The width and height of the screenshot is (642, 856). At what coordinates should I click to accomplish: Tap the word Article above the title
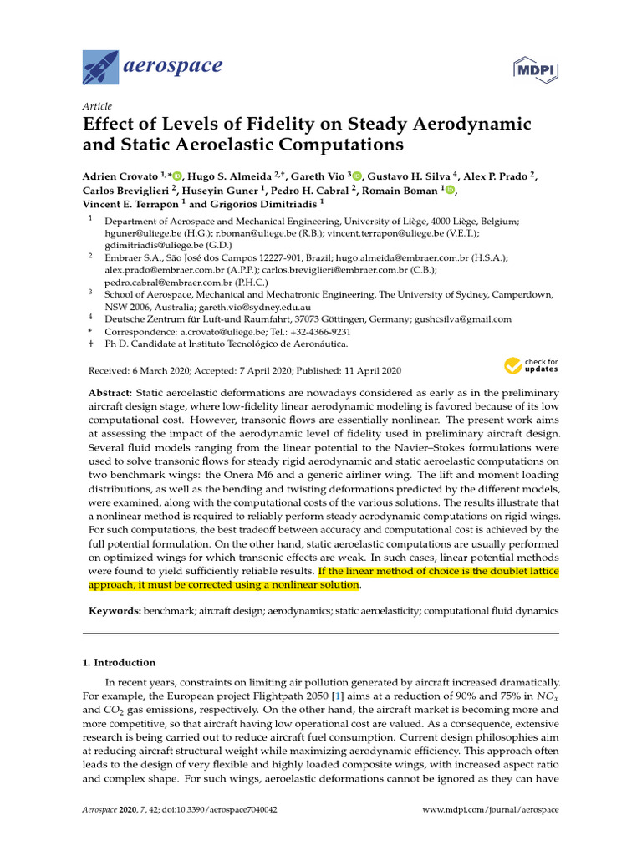click(x=97, y=106)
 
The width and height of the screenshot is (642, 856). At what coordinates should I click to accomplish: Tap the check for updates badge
click(x=531, y=366)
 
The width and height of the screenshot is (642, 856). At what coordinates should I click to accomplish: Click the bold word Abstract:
click(x=110, y=393)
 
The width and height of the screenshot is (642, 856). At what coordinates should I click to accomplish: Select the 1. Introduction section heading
click(x=119, y=663)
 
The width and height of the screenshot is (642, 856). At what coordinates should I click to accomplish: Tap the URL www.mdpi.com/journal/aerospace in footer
click(x=491, y=811)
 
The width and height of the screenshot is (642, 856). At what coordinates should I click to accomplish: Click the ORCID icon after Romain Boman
click(x=450, y=190)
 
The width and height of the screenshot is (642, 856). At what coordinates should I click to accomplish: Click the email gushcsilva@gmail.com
click(x=465, y=318)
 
